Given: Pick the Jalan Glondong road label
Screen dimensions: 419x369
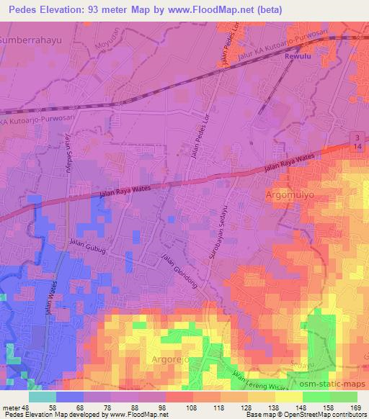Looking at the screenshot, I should (x=181, y=271).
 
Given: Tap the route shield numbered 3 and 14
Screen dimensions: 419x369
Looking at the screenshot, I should (x=359, y=142).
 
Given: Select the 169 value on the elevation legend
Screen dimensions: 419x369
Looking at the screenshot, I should (x=357, y=408).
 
